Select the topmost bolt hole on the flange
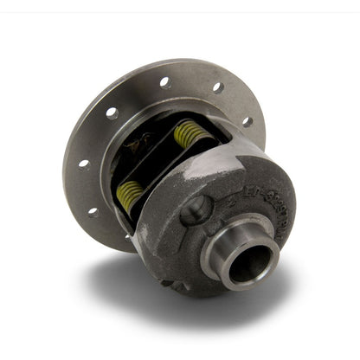164,82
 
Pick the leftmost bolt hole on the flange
83,164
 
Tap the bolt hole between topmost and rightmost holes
218,87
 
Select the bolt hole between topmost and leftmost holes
112,112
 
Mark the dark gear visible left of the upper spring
143,143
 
